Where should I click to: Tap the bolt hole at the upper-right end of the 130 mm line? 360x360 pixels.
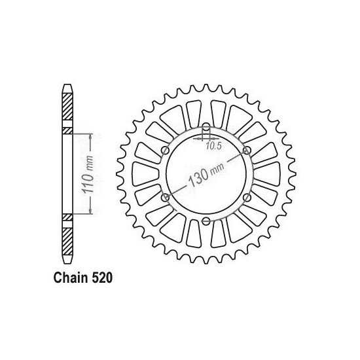(246, 150)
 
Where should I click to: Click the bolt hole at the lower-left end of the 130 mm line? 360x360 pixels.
(165, 197)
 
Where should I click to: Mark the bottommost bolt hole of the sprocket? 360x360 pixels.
(206, 221)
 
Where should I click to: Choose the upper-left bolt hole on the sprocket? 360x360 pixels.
(165, 150)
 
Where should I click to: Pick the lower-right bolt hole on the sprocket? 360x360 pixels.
(246, 197)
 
